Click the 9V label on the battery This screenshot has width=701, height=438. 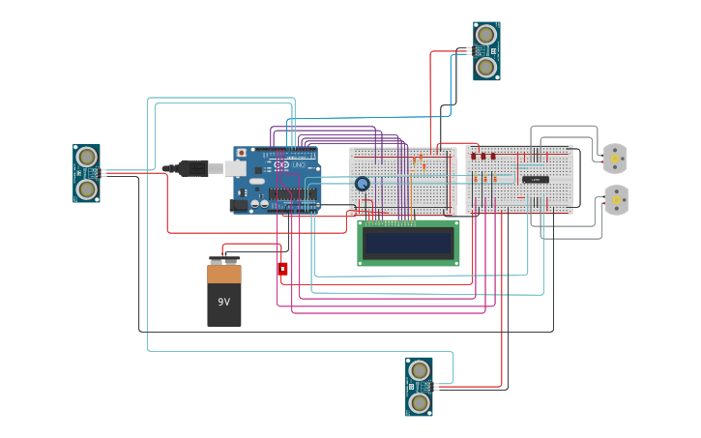click(x=223, y=302)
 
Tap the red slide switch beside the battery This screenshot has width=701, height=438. click(x=282, y=269)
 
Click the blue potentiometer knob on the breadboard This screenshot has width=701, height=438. click(x=362, y=184)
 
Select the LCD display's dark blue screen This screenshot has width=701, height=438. click(x=408, y=243)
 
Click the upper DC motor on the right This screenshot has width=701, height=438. click(x=615, y=158)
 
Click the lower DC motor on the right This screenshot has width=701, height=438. click(x=615, y=200)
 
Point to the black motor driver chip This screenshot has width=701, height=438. click(x=536, y=179)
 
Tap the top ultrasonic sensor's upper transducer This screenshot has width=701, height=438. click(x=486, y=36)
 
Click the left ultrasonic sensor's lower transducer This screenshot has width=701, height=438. click(x=87, y=188)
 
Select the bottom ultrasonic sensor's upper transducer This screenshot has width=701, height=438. click(x=419, y=371)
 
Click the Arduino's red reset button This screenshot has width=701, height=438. click(x=241, y=153)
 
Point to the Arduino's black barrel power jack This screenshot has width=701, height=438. click(x=238, y=205)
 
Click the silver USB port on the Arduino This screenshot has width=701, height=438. click(x=235, y=168)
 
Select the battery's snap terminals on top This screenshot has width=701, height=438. click(x=224, y=260)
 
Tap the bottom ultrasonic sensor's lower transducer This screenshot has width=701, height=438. click(x=419, y=402)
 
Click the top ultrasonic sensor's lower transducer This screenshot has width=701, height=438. click(x=486, y=67)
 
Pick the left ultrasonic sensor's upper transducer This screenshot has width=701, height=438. click(x=87, y=157)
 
